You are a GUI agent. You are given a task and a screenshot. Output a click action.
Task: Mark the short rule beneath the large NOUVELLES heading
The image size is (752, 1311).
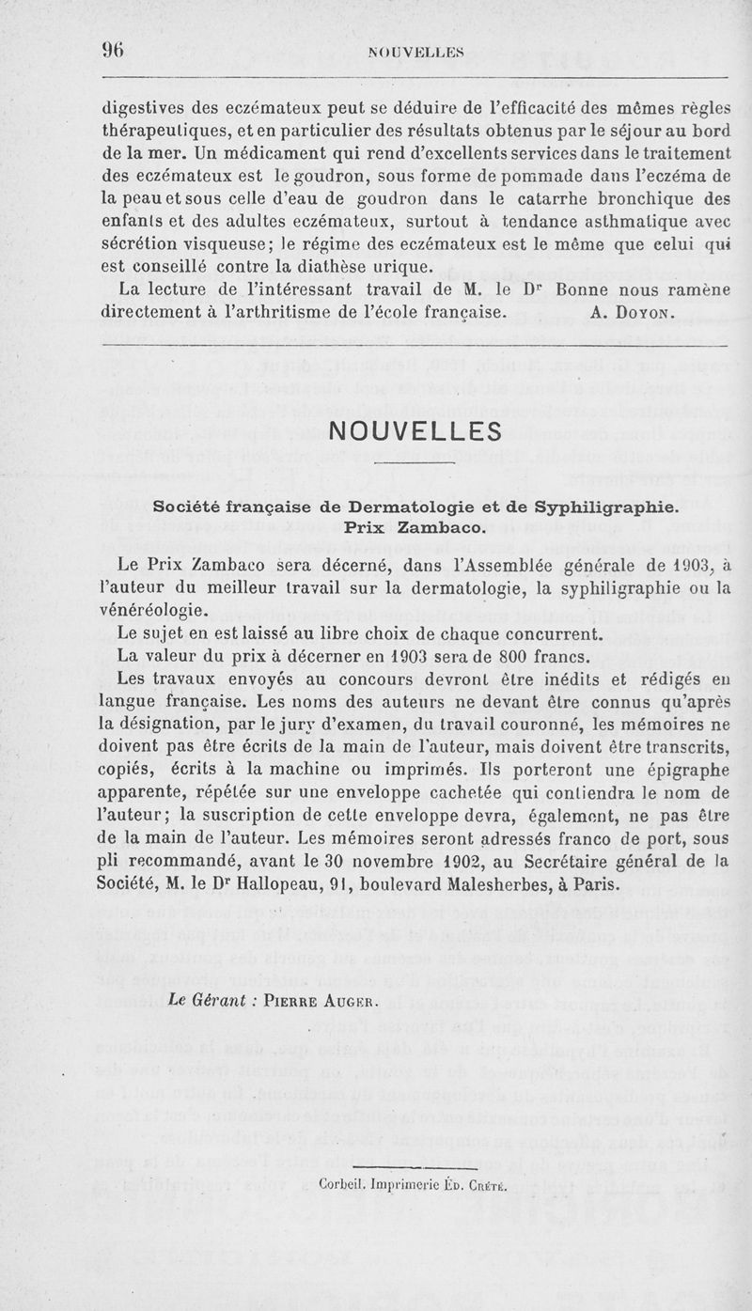[x=414, y=463]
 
